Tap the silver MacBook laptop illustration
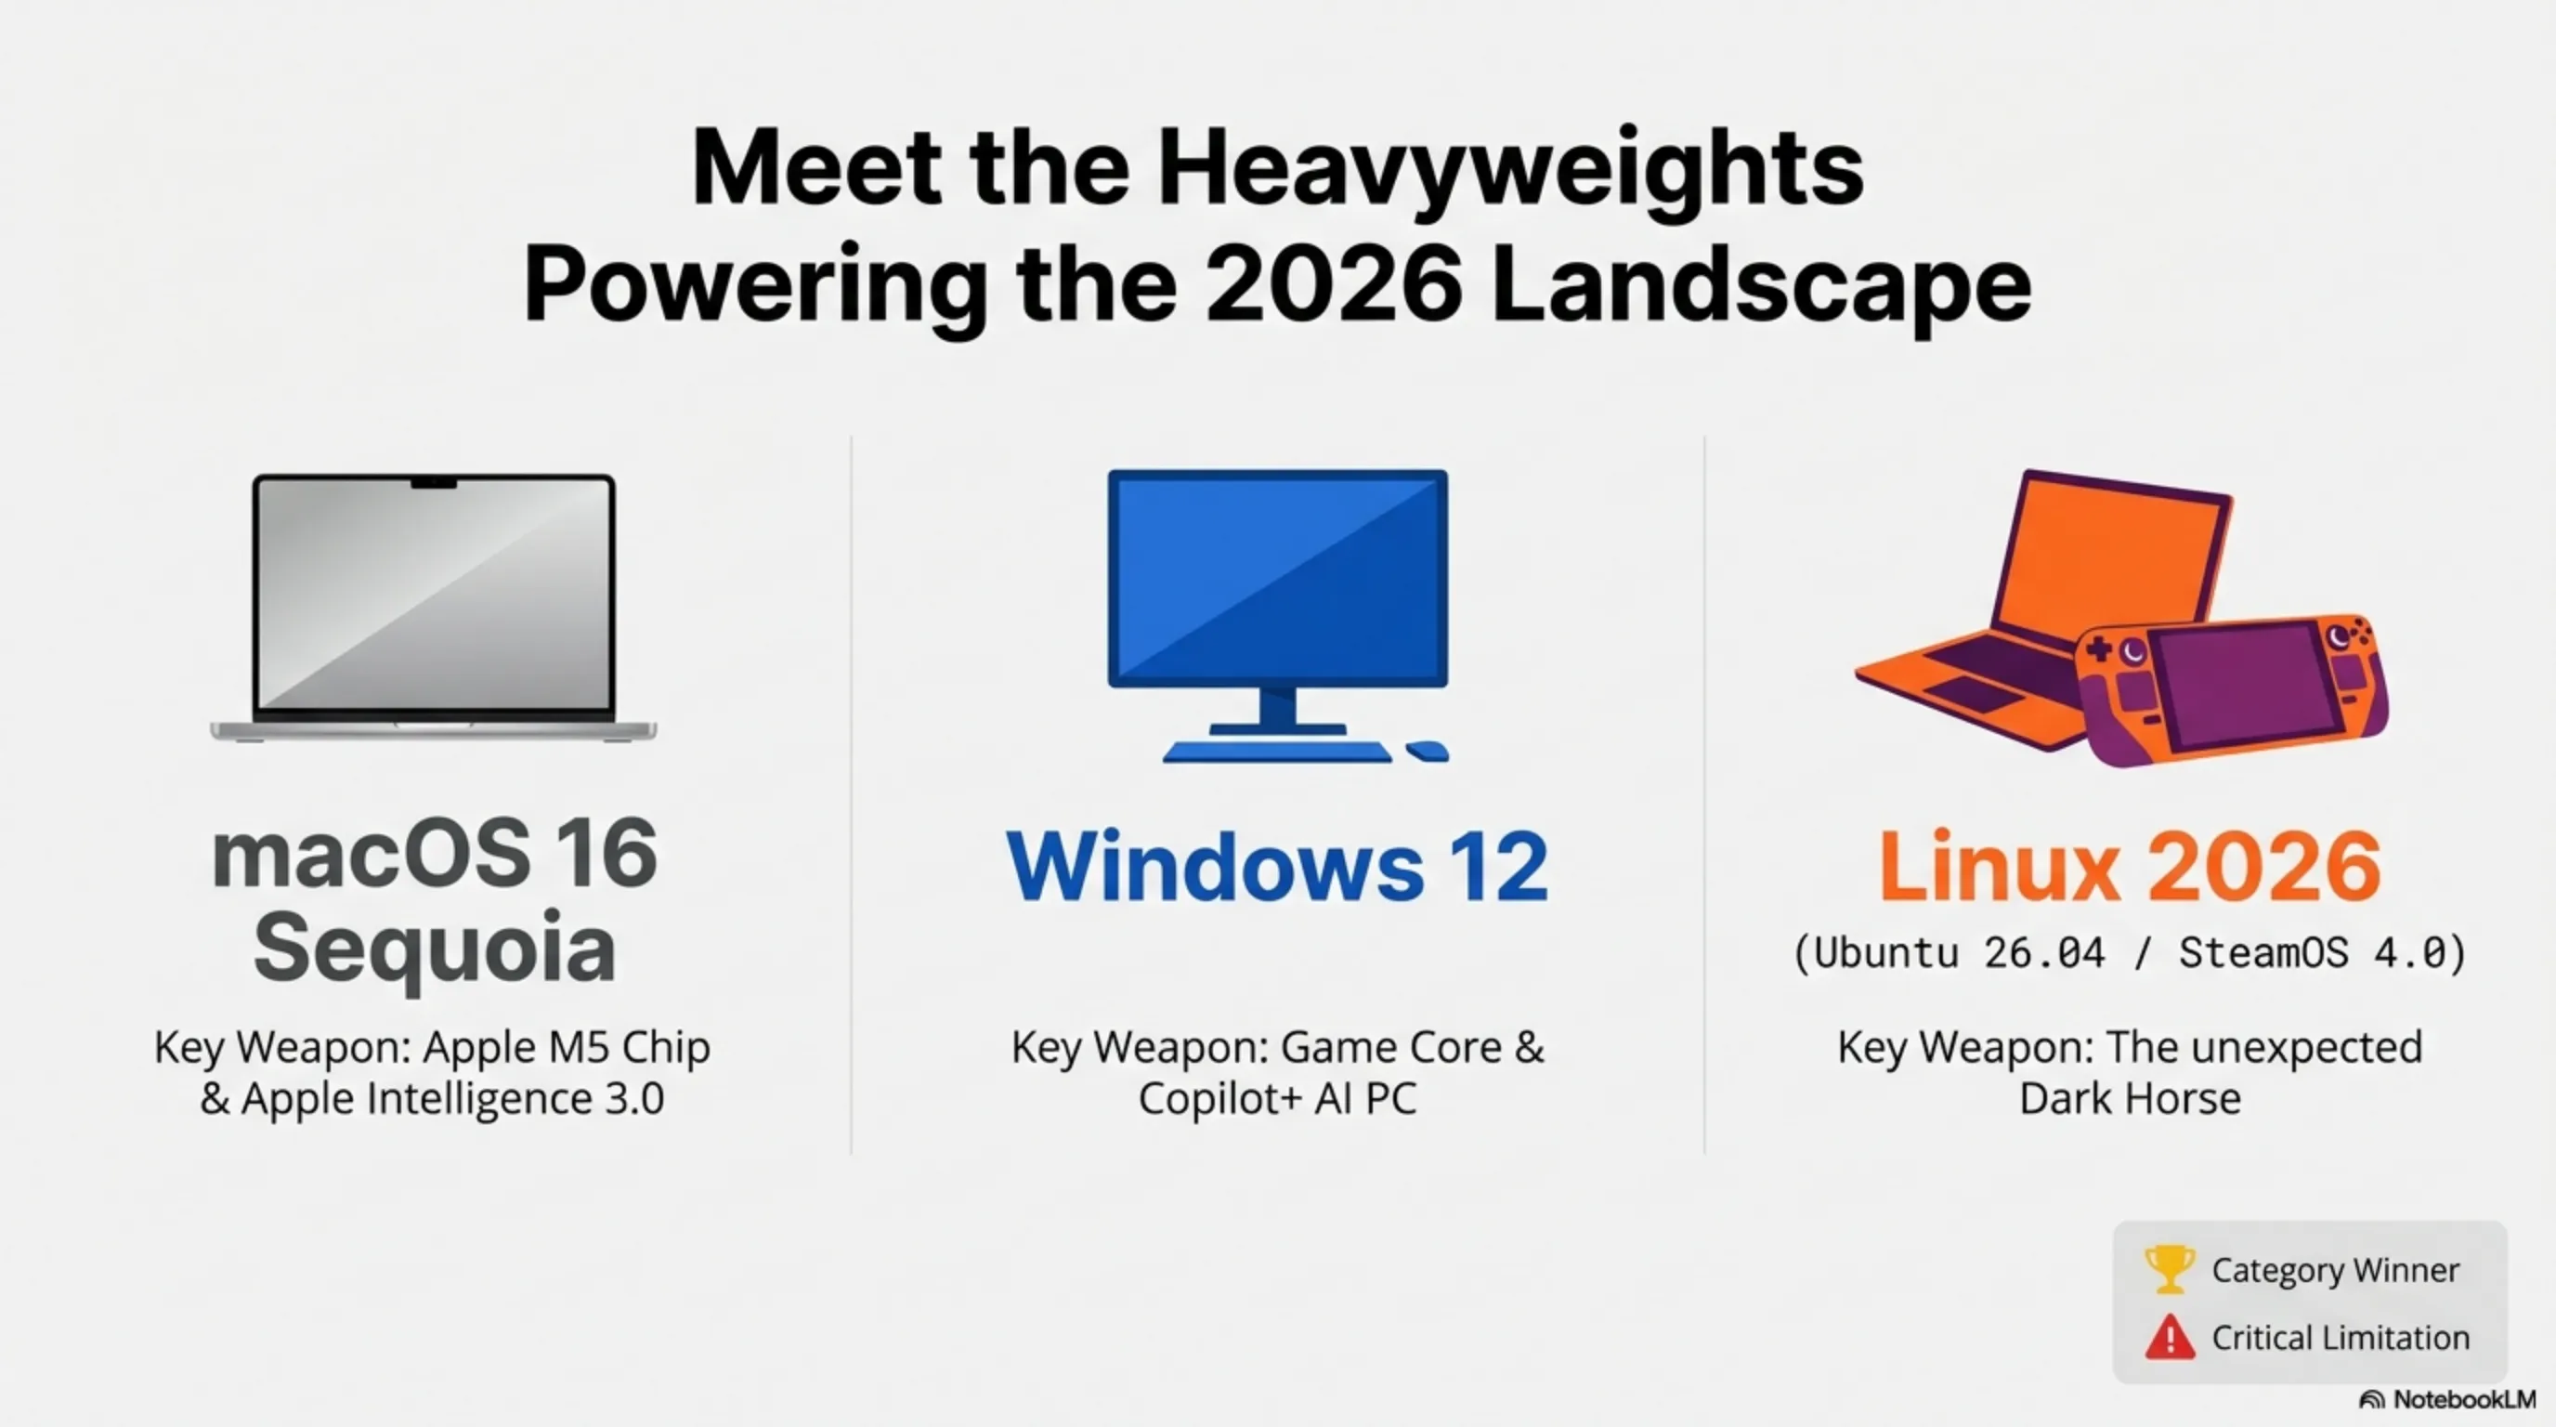434,608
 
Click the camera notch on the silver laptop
434,483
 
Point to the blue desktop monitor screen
1278,578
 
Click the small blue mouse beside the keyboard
1428,752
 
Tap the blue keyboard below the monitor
1277,753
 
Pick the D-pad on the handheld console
2099,651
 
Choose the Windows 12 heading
1277,866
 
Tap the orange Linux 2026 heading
2130,866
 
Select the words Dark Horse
2130,1098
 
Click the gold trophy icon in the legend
2169,1269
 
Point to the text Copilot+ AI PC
1277,1098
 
